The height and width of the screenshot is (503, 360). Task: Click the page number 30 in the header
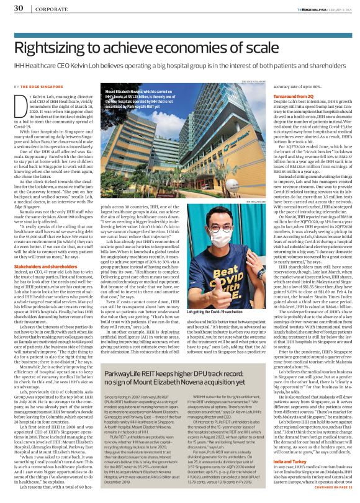point(19,9)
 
